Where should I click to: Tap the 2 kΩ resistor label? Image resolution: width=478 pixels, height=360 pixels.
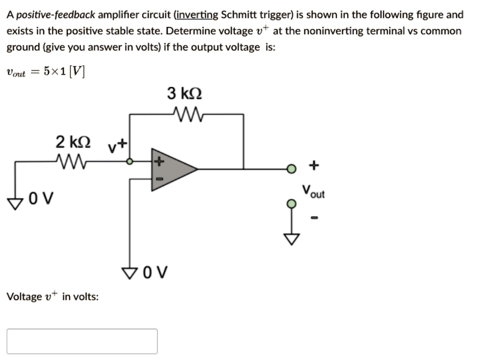[73, 142]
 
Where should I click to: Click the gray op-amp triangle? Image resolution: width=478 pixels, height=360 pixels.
[172, 169]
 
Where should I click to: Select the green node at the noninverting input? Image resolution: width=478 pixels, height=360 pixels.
[130, 161]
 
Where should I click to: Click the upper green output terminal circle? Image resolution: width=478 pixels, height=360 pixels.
[292, 169]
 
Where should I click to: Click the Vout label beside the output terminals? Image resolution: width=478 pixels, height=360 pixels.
[313, 191]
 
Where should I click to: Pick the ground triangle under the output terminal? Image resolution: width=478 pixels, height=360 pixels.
[292, 240]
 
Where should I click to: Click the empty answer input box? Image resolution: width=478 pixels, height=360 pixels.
[82, 341]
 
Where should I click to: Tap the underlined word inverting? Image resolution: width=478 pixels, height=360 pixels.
[196, 14]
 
